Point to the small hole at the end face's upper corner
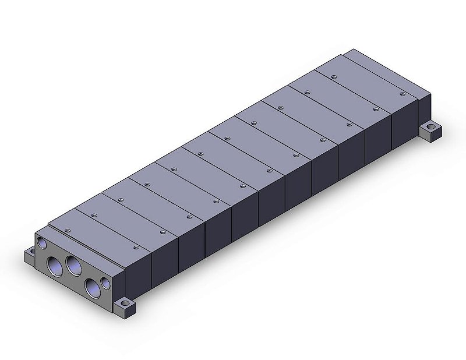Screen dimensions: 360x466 (x=41, y=241)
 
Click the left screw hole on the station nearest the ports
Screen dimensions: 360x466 (x=68, y=231)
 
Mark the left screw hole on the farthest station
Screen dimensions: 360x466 (x=333, y=76)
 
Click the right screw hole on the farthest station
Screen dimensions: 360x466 (x=402, y=93)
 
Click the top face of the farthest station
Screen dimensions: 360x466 (x=367, y=84)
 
